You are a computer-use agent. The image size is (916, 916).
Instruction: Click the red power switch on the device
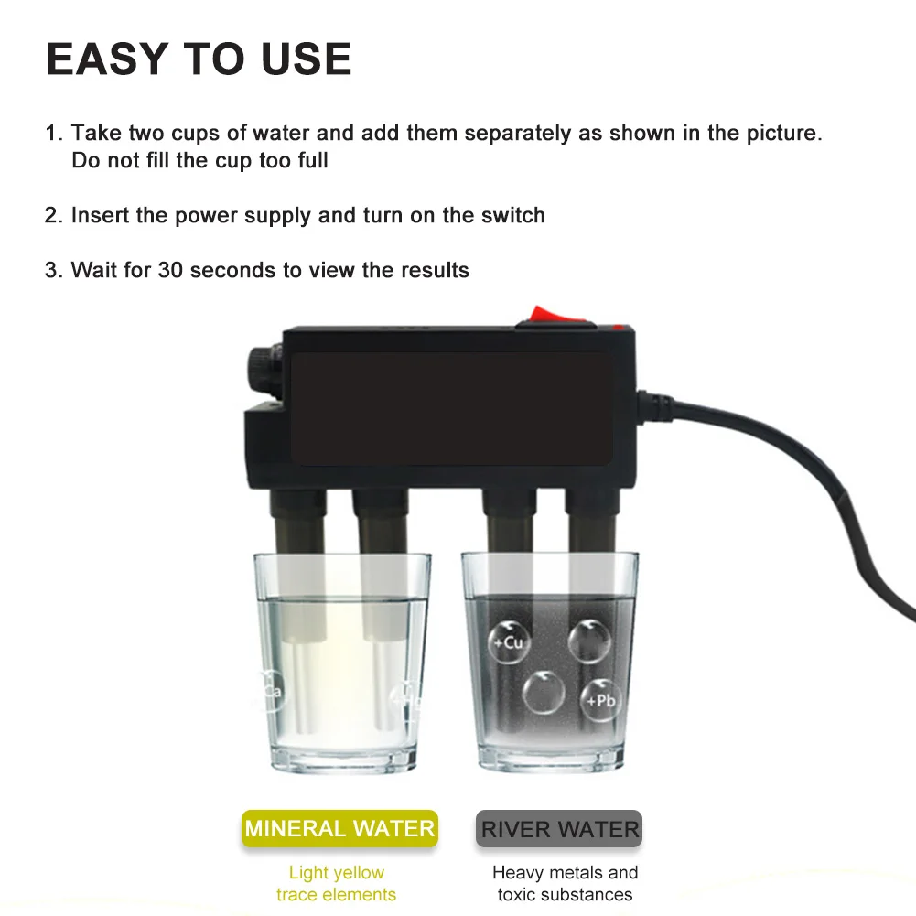(x=553, y=315)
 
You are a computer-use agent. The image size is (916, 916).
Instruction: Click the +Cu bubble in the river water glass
(x=509, y=641)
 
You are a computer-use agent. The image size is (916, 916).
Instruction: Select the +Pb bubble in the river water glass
(x=600, y=700)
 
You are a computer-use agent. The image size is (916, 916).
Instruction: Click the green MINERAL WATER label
(x=339, y=829)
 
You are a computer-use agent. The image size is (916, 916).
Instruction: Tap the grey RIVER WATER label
(x=559, y=830)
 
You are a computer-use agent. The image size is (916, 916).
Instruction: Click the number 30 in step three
(x=170, y=270)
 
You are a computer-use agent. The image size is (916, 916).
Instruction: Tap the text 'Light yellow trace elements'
(x=337, y=883)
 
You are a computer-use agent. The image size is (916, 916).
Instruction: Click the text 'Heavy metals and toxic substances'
(x=565, y=883)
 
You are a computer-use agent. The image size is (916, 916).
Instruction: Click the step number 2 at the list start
(x=52, y=216)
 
